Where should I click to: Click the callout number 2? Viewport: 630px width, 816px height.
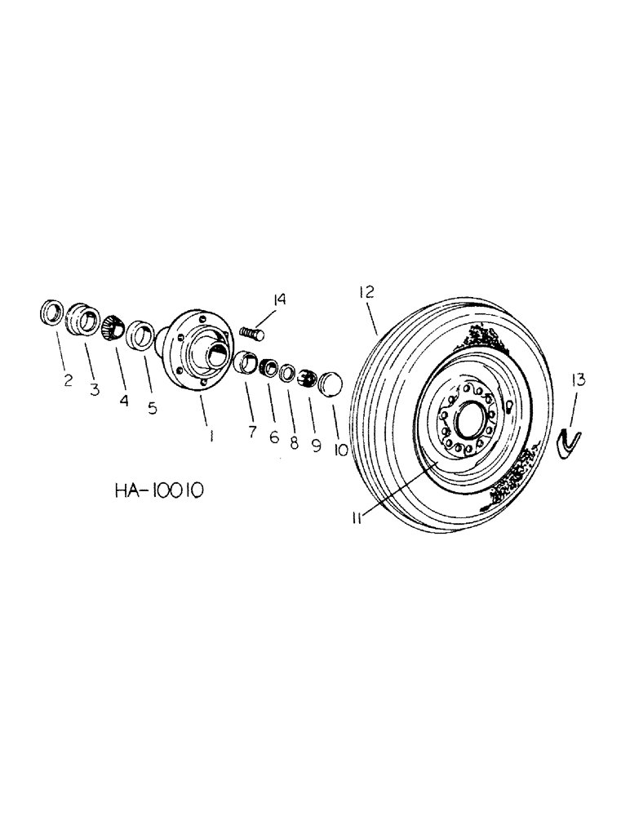click(68, 379)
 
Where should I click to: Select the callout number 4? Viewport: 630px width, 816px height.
click(125, 399)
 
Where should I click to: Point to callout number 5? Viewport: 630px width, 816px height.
click(153, 408)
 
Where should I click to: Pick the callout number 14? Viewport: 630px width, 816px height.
click(280, 300)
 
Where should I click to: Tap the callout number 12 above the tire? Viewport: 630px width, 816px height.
click(364, 290)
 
